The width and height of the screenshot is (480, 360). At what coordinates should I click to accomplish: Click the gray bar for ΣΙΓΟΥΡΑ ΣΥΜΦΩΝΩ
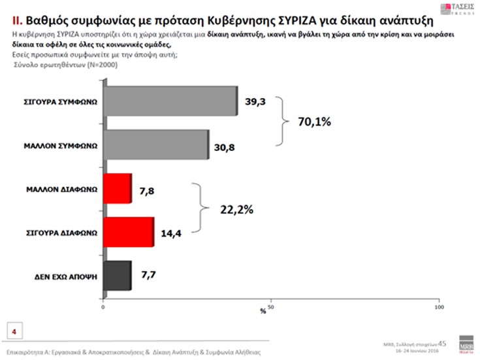coord(170,101)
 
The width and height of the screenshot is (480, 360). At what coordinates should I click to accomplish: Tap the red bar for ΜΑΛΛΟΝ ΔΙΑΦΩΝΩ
coord(118,189)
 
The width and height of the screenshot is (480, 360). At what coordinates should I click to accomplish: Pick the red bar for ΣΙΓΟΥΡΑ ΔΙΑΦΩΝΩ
coord(129,232)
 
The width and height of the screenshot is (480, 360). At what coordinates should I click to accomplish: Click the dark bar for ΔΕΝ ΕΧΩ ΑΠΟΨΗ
coord(118,276)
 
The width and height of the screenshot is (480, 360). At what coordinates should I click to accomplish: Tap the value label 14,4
coord(170,233)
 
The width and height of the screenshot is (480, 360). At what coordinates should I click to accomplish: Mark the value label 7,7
coord(148,276)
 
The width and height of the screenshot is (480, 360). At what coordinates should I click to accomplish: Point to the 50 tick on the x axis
coord(271,306)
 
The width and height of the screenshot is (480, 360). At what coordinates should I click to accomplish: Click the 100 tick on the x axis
coord(439,306)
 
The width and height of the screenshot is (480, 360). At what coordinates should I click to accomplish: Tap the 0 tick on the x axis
coord(103,306)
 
